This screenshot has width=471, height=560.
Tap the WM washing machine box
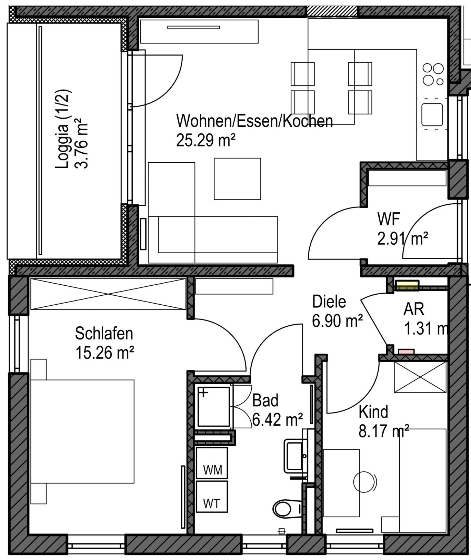click(212, 463)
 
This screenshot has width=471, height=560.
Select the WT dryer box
click(212, 497)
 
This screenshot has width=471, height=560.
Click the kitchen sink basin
click(432, 115)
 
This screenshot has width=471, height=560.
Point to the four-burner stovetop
click(433, 74)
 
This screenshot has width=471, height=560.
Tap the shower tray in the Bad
click(213, 407)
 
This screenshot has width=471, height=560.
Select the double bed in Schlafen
click(82, 431)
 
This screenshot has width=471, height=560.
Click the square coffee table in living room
click(237, 179)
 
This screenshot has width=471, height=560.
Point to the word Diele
click(329, 302)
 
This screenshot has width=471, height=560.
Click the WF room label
click(389, 218)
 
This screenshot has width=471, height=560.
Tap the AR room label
click(414, 309)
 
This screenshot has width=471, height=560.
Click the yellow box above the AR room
click(407, 285)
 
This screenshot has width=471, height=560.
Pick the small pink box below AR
click(406, 352)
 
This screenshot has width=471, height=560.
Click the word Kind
click(373, 412)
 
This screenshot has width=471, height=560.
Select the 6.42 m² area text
click(278, 420)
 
